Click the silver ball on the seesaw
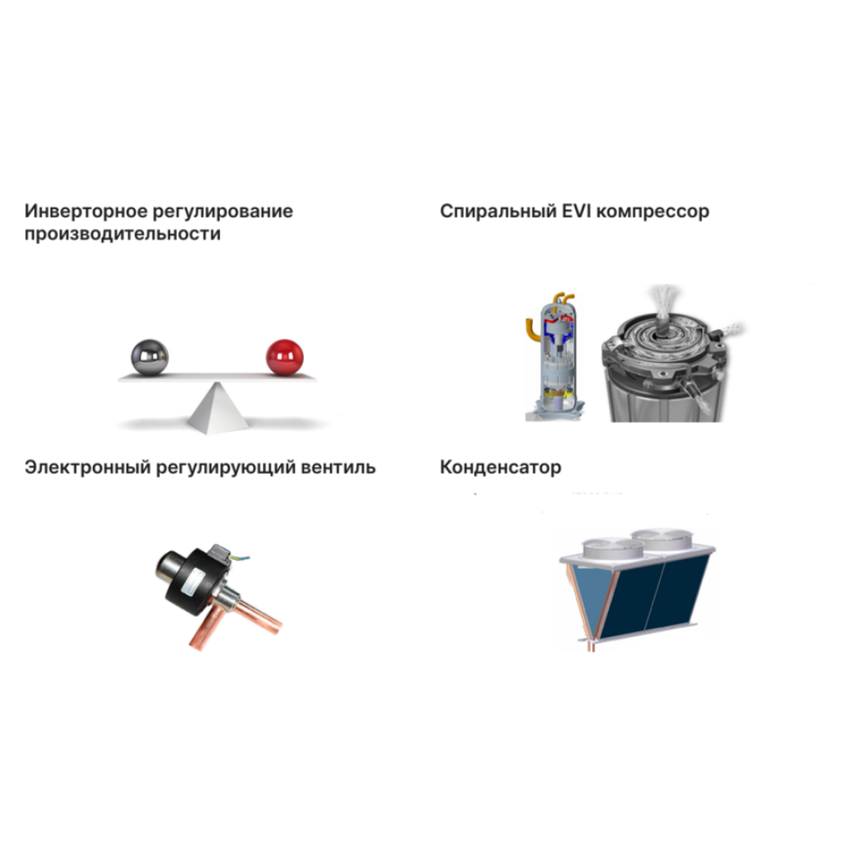pos(150,357)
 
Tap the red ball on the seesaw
pos(284,357)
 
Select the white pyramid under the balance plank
pos(217,408)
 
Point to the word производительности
pos(123,234)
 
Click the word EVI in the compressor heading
pos(576,211)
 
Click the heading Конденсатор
pos(501,467)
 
